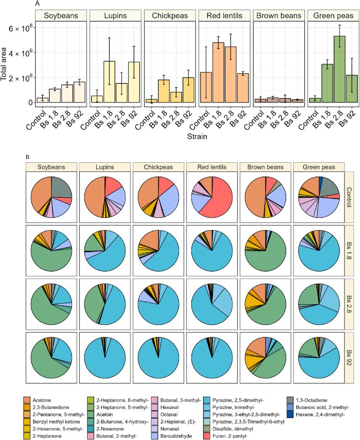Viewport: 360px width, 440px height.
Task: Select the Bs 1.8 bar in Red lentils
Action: [x=218, y=72]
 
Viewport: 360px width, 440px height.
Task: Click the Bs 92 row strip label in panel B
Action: [x=350, y=357]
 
